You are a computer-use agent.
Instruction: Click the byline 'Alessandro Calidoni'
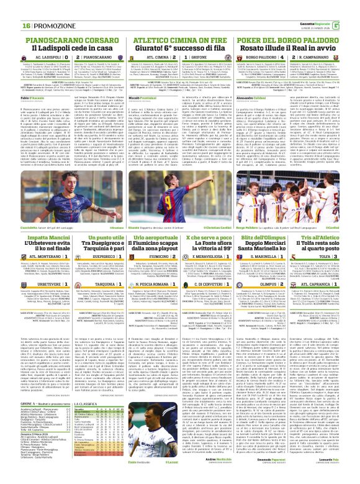tap(256, 98)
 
